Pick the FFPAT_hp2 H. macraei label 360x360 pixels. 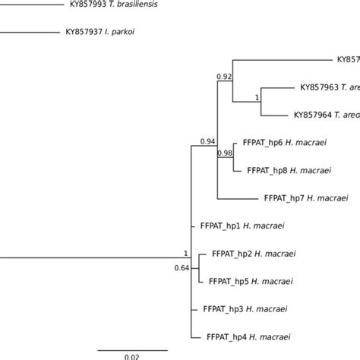coord(254,253)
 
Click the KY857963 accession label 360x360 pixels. coord(319,87)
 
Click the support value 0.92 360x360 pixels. coord(224,77)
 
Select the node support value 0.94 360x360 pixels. coord(207,141)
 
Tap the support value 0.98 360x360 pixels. coord(225,153)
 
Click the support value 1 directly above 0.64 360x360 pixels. coord(185,253)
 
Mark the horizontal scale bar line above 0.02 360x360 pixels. coord(131,349)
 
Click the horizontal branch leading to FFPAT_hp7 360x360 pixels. coord(238,198)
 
